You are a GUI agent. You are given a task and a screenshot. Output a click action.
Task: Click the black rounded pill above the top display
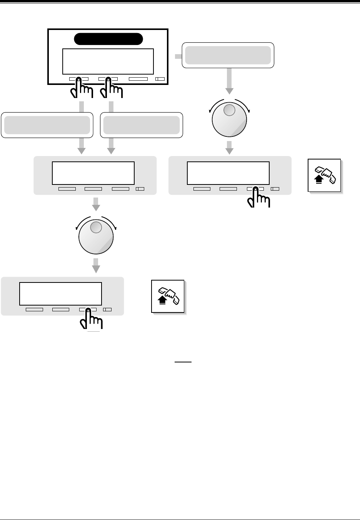[108, 39]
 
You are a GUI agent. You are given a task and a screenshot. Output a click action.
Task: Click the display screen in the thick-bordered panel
[108, 61]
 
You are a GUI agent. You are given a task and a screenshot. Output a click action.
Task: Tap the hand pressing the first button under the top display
[81, 89]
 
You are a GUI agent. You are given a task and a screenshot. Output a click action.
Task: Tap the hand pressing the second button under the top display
[110, 89]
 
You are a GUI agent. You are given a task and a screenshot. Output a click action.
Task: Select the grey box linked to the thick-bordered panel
[228, 55]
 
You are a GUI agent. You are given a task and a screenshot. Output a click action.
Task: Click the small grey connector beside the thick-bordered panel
[178, 56]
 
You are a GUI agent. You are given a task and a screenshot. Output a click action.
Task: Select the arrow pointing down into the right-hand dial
[229, 81]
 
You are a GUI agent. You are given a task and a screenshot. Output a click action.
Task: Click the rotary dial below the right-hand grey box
[229, 119]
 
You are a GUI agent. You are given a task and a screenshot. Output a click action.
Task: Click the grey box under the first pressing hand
[47, 125]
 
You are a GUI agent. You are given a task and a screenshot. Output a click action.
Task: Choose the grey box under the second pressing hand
[142, 125]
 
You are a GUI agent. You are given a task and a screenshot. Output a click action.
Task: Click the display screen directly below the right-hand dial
[228, 173]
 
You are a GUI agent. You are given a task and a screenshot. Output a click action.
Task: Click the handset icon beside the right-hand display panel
[325, 175]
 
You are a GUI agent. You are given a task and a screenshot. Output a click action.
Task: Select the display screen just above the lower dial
[93, 173]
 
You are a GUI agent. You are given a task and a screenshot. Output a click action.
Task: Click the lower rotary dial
[96, 237]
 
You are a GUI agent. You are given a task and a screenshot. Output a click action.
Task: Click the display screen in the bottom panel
[60, 294]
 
